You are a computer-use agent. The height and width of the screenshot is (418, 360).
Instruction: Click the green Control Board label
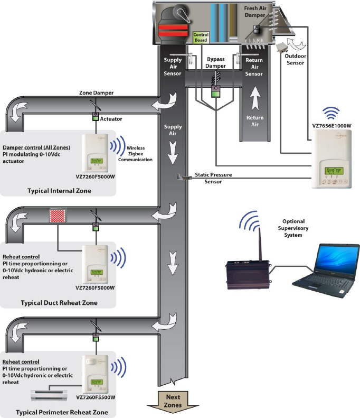coord(201,38)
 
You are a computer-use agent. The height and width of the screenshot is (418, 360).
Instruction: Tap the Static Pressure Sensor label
coord(213,178)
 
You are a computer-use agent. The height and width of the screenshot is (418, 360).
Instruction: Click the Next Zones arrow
coord(173,401)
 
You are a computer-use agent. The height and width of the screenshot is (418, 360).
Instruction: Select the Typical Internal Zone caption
coord(59,191)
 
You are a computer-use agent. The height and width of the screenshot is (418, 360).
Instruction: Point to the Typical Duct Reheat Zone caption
coord(59,302)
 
